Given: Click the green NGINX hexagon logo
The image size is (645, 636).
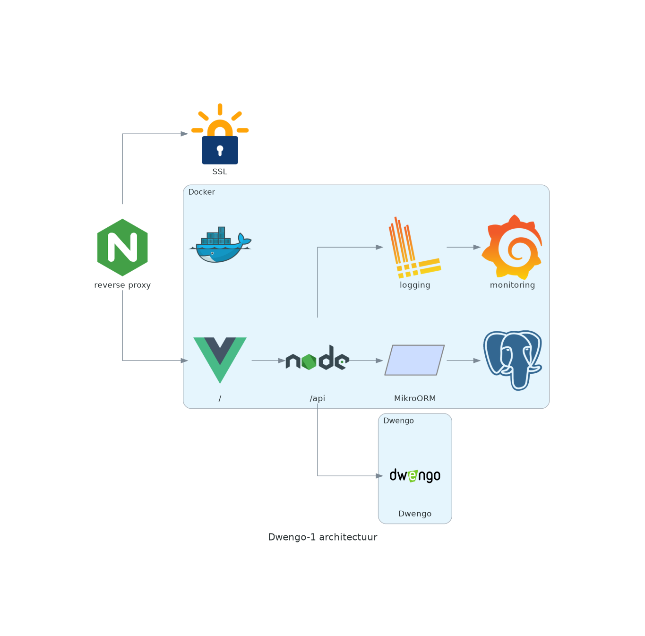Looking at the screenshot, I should tap(122, 247).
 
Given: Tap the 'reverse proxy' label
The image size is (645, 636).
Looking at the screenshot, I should tap(122, 285).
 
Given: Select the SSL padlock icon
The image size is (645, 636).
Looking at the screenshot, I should tap(220, 135).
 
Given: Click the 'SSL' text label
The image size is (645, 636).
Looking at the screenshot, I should tap(220, 172).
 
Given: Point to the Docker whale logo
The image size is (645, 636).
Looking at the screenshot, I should tap(220, 245).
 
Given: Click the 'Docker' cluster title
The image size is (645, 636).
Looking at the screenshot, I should tap(201, 192).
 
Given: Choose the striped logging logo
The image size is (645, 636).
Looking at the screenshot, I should tap(414, 248).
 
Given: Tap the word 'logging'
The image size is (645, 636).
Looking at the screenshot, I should tap(415, 285).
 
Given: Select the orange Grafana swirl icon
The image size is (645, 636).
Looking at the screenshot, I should tap(512, 247).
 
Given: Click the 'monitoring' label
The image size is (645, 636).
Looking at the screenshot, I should tap(512, 285).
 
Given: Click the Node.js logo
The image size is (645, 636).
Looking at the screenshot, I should tap(318, 359).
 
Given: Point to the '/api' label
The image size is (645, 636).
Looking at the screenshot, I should tap(318, 398).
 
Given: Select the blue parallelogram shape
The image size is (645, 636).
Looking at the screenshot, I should tap(414, 360).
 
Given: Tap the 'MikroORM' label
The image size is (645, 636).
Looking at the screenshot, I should tap(415, 398).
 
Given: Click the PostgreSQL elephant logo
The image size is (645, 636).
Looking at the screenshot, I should tap(513, 360).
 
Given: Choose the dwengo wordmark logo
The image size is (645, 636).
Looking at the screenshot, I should tap(415, 475).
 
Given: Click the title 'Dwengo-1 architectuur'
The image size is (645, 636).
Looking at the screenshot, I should tap(323, 537).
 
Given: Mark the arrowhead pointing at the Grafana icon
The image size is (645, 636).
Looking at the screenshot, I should tap(477, 247).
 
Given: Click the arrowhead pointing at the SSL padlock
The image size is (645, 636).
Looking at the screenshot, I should tap(184, 134).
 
